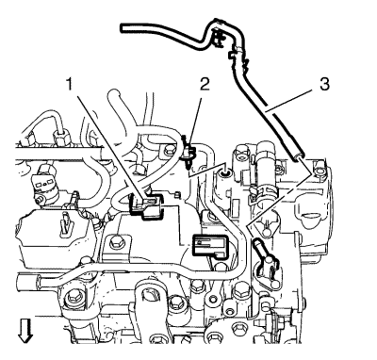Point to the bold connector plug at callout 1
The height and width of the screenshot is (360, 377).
[x=146, y=205]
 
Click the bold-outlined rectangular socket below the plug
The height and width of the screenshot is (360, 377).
[x=209, y=245]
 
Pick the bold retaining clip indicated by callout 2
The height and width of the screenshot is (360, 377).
[x=189, y=152]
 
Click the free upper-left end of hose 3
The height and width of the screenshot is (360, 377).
[x=123, y=27]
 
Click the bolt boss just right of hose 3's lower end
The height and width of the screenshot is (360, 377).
[x=320, y=171]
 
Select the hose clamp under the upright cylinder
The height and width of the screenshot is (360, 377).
[x=263, y=191]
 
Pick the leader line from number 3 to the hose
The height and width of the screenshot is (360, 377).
[x=288, y=100]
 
